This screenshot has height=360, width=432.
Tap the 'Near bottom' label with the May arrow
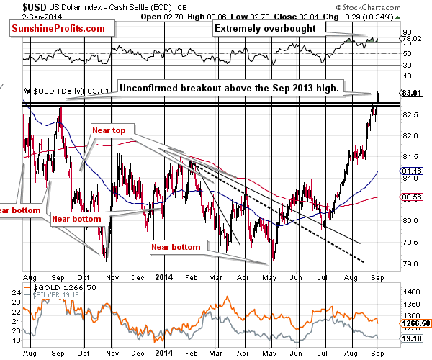click(x=176, y=247)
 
